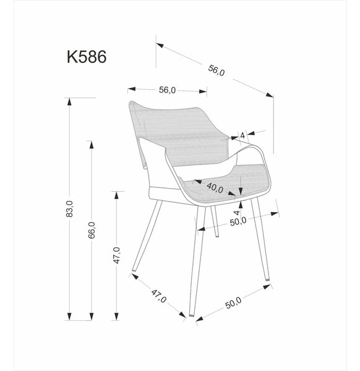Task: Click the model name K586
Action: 87,57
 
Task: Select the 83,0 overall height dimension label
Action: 69,209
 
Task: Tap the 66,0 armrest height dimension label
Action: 92,230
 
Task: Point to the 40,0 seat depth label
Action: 215,187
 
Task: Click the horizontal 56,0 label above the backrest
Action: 167,90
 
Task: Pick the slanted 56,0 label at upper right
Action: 216,70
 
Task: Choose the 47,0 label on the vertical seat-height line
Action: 117,255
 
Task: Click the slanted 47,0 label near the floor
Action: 159,296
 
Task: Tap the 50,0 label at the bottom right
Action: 233,303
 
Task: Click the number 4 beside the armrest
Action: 242,136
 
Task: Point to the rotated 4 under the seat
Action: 237,213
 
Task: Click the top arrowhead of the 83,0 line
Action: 69,101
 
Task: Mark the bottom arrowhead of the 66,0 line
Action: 92,317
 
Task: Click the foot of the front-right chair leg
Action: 267,278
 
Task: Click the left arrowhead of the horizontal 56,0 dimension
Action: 131,90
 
